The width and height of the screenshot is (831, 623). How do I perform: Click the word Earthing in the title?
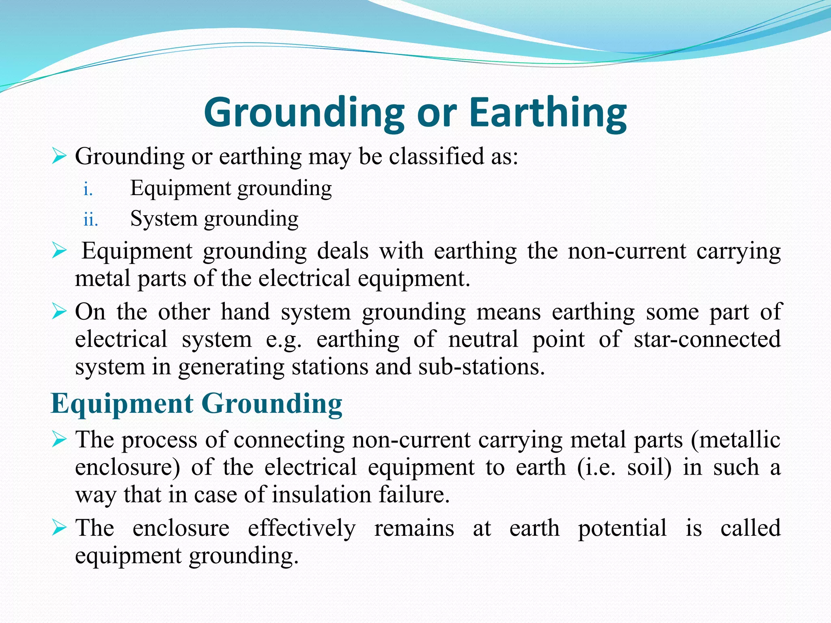[548, 113]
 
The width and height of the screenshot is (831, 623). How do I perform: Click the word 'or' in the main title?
[437, 113]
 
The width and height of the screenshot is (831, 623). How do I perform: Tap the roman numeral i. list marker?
[88, 189]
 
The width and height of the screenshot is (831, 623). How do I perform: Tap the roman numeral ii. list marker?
[90, 220]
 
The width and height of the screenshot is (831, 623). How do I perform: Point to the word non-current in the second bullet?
[626, 251]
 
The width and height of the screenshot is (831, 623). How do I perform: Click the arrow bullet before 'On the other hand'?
[59, 312]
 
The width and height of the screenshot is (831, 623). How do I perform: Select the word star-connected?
[707, 339]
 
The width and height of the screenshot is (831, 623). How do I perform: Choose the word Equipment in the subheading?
[122, 404]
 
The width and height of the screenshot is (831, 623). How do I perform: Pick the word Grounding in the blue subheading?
[271, 404]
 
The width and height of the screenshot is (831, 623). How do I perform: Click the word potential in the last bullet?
[622, 528]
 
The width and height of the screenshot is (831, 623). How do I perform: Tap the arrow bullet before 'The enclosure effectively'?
[59, 528]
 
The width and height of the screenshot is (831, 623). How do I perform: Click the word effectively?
[301, 528]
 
